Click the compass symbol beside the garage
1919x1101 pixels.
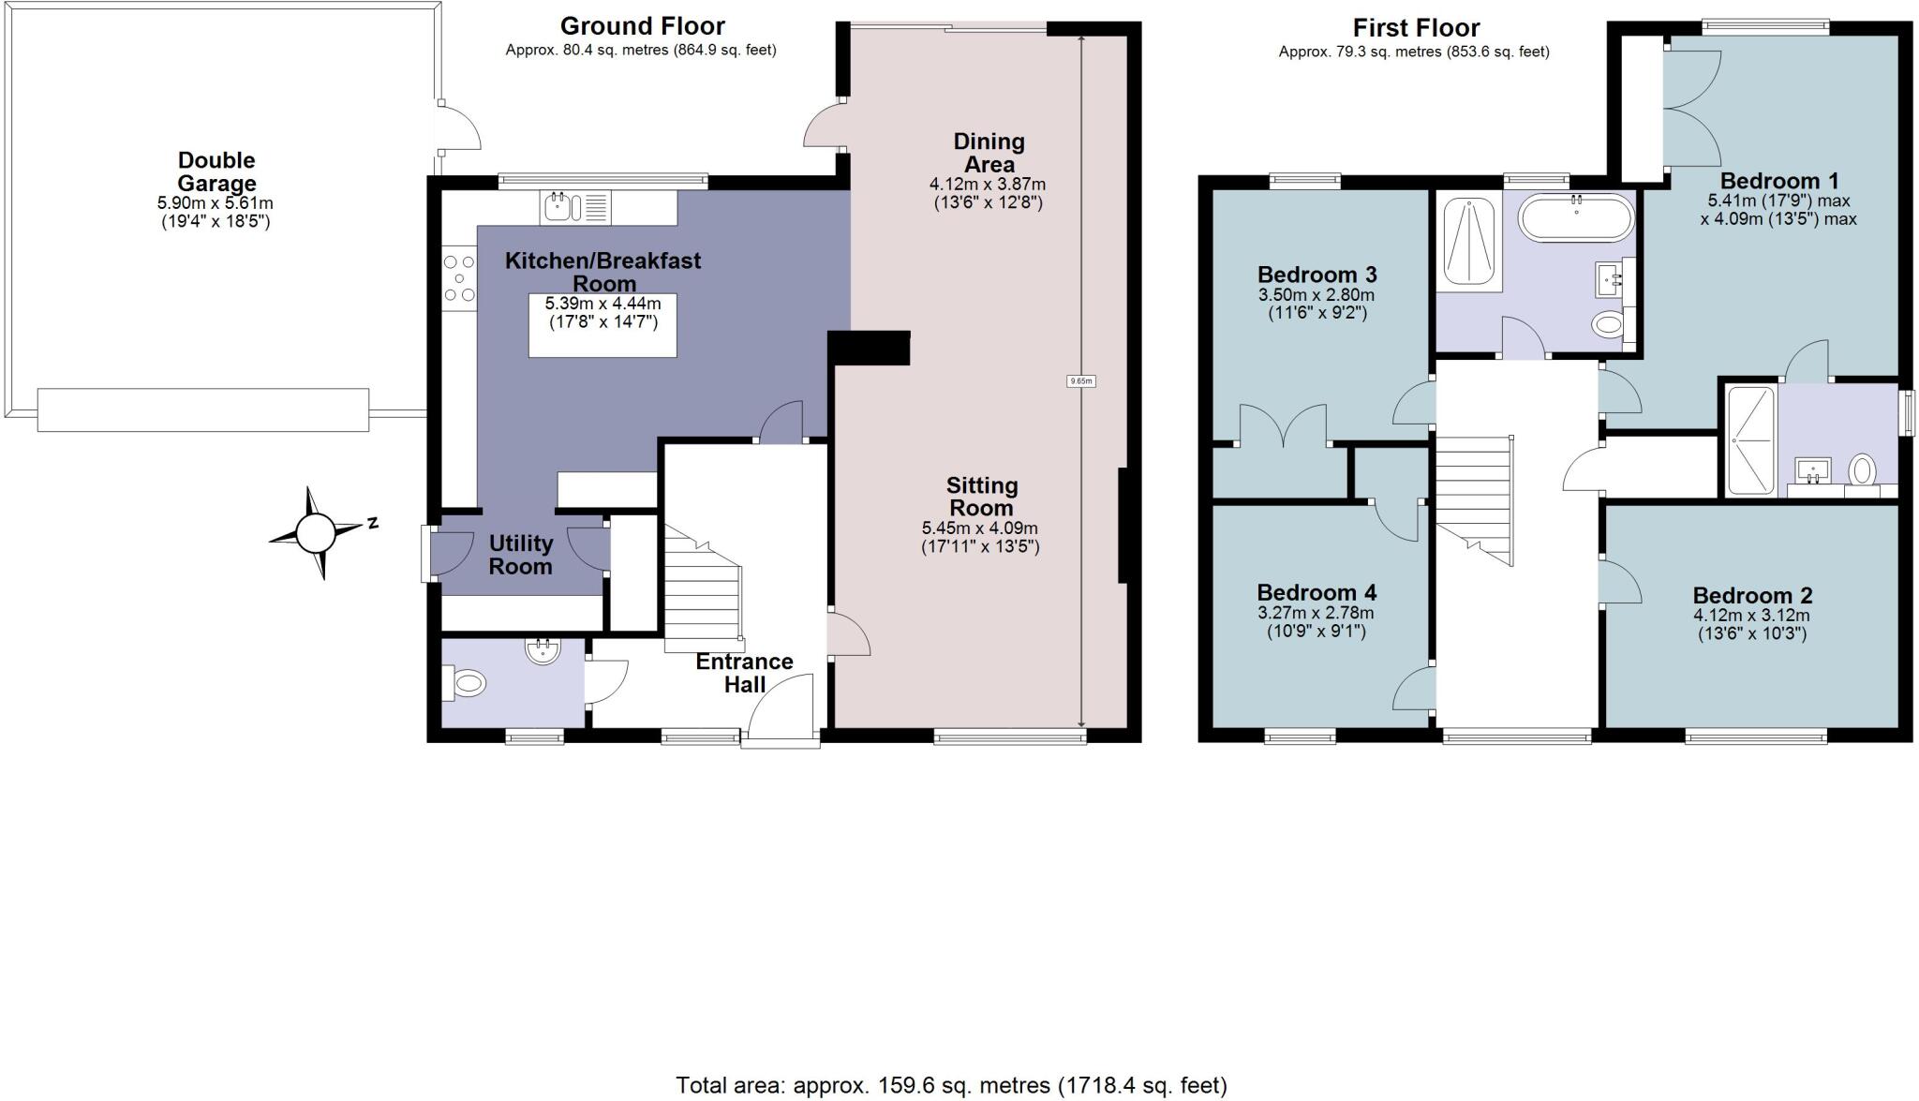click(316, 533)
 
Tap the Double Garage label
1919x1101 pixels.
click(216, 172)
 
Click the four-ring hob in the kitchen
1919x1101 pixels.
click(459, 278)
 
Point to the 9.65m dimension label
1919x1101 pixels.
click(1081, 381)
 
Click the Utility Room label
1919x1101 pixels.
click(521, 555)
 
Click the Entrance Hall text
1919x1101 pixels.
click(745, 673)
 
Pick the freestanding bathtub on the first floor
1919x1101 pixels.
click(1576, 218)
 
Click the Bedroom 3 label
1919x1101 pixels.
click(1317, 275)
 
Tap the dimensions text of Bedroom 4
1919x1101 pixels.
click(1317, 622)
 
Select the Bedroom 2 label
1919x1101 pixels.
click(1752, 595)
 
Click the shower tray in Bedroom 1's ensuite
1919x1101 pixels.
click(1750, 440)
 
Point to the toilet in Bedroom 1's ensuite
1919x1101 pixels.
click(1863, 469)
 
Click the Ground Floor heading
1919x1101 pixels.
click(643, 26)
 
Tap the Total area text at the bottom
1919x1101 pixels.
click(951, 1085)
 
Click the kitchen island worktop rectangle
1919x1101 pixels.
click(602, 325)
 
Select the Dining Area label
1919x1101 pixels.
click(989, 153)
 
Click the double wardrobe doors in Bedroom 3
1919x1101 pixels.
click(1284, 424)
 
